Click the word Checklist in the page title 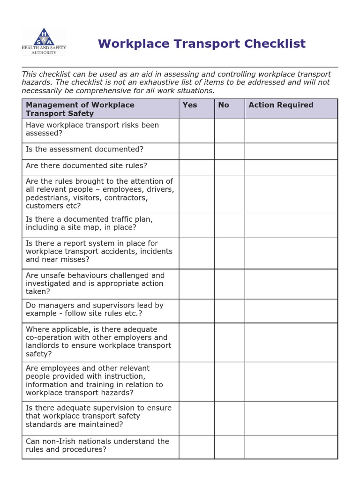click(x=271, y=44)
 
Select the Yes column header click(x=189, y=105)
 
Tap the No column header click(x=224, y=105)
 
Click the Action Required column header click(x=281, y=105)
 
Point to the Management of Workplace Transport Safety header click(x=80, y=109)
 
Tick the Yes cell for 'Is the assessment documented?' click(x=196, y=151)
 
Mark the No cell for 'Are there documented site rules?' click(x=229, y=167)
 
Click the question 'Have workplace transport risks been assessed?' click(x=92, y=129)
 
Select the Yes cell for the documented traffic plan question click(x=196, y=225)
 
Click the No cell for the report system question click(x=229, y=253)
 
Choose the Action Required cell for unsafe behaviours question click(x=291, y=284)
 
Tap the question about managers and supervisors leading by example click(x=94, y=309)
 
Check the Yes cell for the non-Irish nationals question click(x=196, y=447)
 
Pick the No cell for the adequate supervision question click(x=229, y=418)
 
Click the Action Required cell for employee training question click(x=291, y=382)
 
